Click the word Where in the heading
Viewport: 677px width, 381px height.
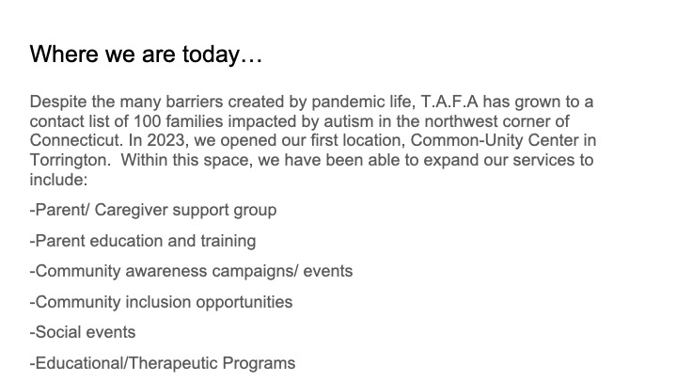[64, 54]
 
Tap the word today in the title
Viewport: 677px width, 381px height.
[212, 56]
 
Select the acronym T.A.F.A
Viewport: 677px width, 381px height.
[449, 102]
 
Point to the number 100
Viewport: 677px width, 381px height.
[148, 121]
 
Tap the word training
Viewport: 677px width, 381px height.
[228, 242]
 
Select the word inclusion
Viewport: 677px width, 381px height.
[158, 302]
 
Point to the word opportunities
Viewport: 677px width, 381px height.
[244, 303]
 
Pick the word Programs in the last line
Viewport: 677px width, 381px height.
[260, 364]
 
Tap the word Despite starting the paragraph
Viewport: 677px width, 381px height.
[58, 103]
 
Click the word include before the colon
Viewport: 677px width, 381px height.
[56, 180]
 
